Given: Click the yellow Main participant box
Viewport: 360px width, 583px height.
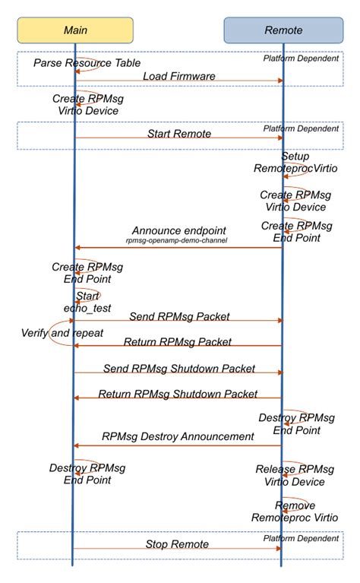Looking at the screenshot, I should [x=75, y=30].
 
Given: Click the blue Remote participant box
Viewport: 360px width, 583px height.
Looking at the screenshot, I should [x=283, y=30].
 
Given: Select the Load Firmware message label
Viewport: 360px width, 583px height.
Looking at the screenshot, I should [x=178, y=75].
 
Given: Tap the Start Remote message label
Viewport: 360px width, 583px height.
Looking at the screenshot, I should [x=178, y=134].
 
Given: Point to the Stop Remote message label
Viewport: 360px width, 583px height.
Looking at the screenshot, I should [x=177, y=544].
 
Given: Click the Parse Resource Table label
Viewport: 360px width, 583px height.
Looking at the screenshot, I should [x=87, y=62].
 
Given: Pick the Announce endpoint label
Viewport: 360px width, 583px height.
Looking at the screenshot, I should [x=178, y=230].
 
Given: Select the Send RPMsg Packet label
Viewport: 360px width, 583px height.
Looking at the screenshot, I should [x=179, y=315].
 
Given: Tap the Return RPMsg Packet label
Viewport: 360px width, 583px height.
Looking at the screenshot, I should [x=177, y=341].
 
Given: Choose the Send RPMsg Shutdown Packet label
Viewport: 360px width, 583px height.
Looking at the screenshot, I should [x=179, y=369].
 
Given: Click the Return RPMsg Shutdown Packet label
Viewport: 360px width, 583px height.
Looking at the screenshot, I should [x=178, y=394].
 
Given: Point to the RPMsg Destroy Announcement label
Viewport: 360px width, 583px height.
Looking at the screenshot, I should [x=177, y=436].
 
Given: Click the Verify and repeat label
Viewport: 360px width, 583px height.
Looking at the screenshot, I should [x=62, y=333].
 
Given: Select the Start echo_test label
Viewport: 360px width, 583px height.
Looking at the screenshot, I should [x=87, y=300].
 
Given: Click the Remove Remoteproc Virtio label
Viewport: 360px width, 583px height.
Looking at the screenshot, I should [x=295, y=511].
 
